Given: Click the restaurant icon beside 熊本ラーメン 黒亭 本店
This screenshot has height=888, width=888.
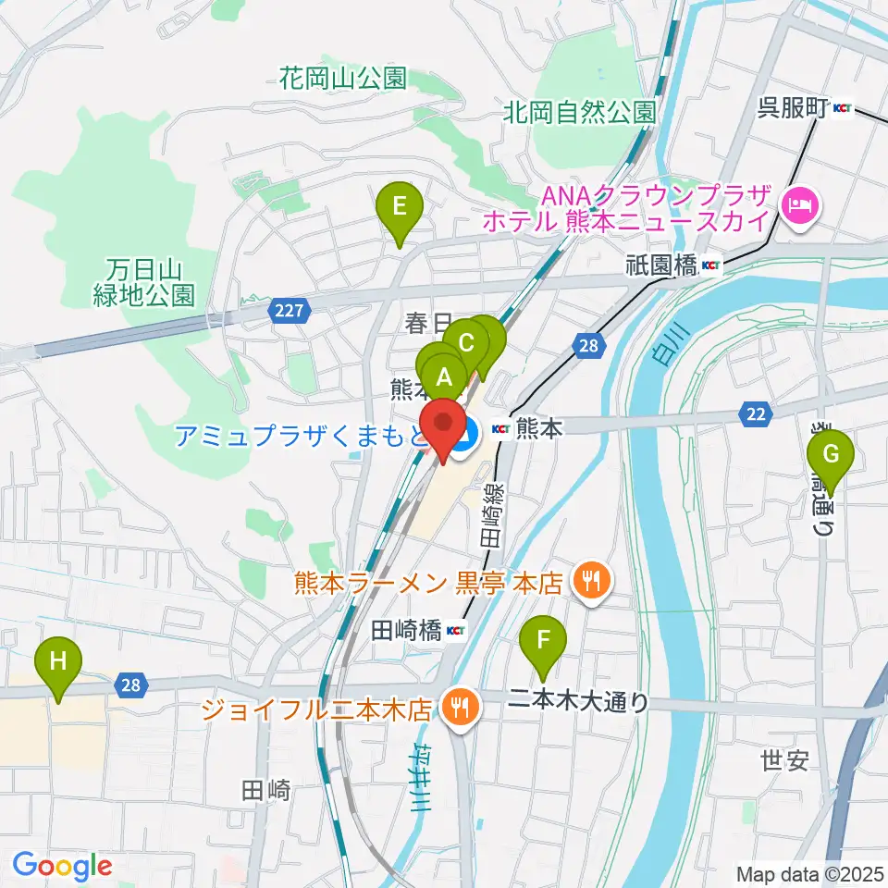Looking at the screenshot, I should (x=589, y=582).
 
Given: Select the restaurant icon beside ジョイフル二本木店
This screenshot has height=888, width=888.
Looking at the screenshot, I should (x=459, y=709).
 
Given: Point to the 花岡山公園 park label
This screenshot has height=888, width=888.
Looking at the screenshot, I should (x=343, y=79).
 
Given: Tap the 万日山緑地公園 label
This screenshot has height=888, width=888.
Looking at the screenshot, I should (x=144, y=283).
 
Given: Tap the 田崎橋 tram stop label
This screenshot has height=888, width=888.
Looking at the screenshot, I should (x=407, y=631).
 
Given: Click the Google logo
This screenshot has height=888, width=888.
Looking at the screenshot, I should (x=62, y=867).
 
